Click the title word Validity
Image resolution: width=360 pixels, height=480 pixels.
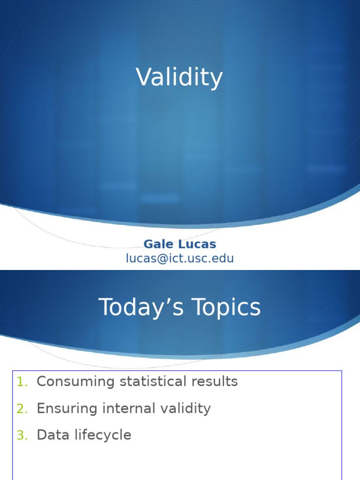click(180, 77)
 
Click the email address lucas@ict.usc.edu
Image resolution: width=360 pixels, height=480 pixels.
click(180, 258)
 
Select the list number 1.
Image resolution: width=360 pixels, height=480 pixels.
click(22, 382)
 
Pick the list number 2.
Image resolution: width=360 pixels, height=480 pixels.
click(22, 409)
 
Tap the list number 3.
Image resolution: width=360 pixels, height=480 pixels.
click(22, 435)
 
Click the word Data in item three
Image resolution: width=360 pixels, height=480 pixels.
click(50, 435)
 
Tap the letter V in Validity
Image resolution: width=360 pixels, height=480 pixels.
click(143, 77)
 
